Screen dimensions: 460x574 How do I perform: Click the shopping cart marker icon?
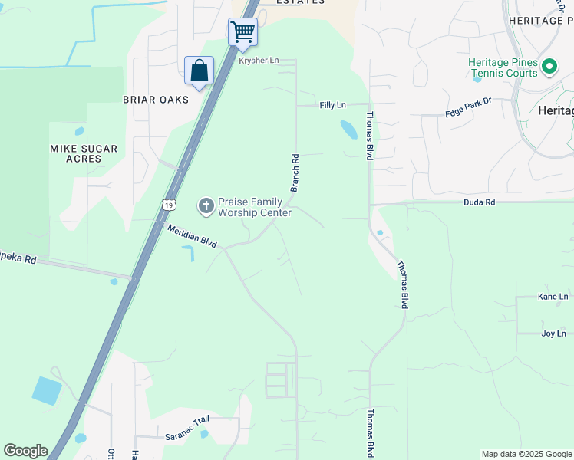click(x=242, y=32)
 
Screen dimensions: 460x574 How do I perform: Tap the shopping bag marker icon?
click(x=199, y=71)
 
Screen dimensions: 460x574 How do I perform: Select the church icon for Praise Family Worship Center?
click(x=206, y=205)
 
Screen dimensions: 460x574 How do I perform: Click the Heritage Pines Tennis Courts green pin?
click(x=549, y=67)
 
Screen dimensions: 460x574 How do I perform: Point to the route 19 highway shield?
click(x=169, y=205)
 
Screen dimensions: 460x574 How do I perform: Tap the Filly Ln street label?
click(x=332, y=104)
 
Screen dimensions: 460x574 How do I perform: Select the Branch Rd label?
click(x=294, y=172)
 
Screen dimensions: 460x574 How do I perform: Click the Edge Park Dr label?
click(x=467, y=112)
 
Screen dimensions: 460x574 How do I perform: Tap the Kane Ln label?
click(x=553, y=297)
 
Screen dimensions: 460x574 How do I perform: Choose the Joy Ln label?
click(x=553, y=333)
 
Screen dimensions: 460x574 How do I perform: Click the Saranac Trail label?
click(x=186, y=435)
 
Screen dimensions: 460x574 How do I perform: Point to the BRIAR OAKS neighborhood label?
click(x=156, y=100)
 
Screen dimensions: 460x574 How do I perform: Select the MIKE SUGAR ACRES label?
click(x=84, y=153)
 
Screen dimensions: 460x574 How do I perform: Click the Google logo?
click(x=25, y=451)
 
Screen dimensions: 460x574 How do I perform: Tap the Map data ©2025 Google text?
click(x=526, y=454)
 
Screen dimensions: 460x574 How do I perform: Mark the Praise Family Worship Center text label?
click(x=255, y=207)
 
